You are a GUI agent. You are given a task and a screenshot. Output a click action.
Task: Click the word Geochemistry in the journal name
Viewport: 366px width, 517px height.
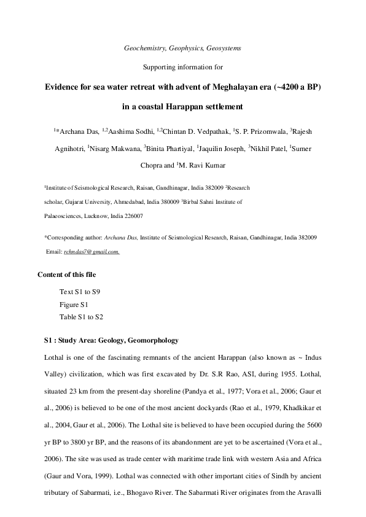coord(143,47)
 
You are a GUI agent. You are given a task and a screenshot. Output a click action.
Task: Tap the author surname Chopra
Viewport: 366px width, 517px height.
coord(157,165)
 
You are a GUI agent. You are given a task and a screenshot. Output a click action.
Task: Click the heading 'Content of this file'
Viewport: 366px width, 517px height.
coord(67,274)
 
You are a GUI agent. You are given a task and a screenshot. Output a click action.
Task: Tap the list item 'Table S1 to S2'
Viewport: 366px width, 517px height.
coord(81,317)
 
